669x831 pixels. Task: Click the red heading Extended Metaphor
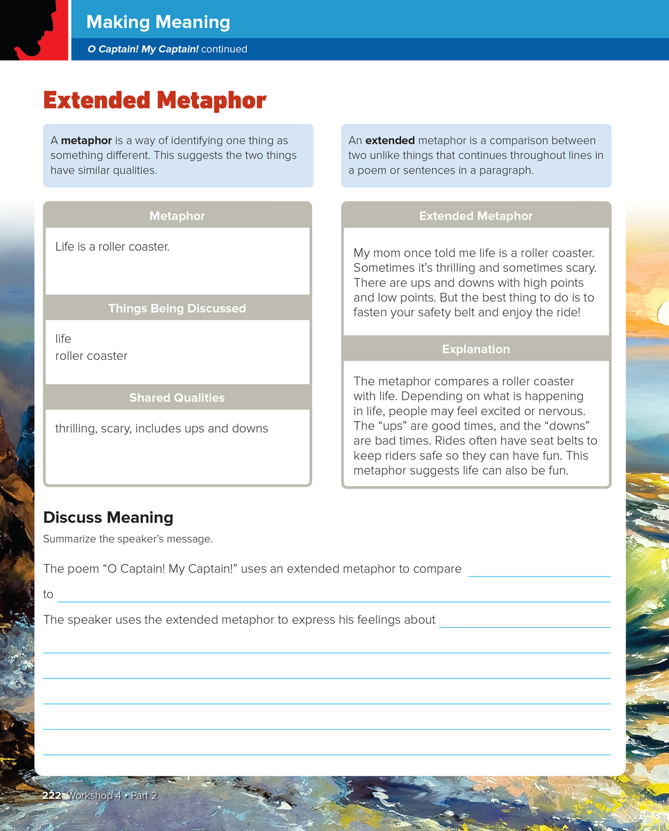[x=154, y=101]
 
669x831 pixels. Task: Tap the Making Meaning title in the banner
[x=158, y=22]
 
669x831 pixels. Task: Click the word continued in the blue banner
[x=224, y=49]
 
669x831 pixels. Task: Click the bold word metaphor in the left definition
[x=86, y=140]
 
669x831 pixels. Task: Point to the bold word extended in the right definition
[x=390, y=140]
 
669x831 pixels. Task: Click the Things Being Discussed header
[x=177, y=309]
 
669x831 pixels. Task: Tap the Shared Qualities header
[x=177, y=398]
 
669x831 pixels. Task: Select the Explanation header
[x=476, y=349]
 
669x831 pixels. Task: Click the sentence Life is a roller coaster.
[x=112, y=247]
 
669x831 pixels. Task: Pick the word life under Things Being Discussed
[x=63, y=339]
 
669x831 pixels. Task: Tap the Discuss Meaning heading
[x=108, y=517]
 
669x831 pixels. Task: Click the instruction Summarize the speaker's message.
[x=128, y=539]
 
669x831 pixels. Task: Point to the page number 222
[x=52, y=795]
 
